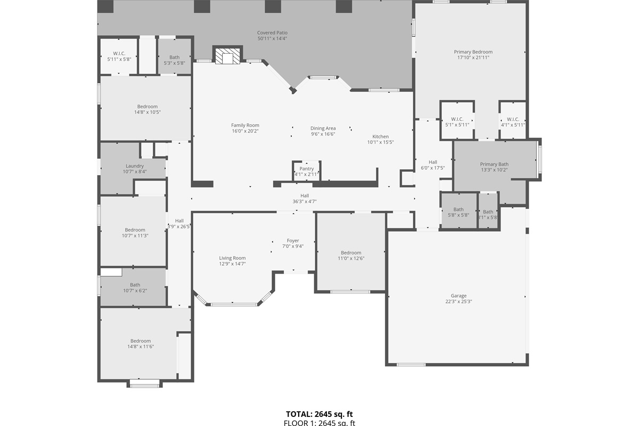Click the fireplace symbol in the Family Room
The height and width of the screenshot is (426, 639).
coord(227,55)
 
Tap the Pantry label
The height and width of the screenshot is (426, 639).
coord(307,169)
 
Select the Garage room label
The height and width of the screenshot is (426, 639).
coord(458,296)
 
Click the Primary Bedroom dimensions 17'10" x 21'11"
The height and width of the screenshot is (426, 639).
coord(473,58)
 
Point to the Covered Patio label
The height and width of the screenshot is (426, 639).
coord(272,32)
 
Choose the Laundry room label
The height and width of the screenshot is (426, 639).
coord(135,166)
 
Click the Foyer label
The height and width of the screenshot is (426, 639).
coord(293,241)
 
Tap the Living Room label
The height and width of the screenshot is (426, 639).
coord(232,258)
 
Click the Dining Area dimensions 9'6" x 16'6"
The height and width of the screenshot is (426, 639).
coord(323,134)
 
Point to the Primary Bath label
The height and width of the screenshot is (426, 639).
coord(494,164)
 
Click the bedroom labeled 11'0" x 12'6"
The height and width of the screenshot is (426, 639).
coord(351,256)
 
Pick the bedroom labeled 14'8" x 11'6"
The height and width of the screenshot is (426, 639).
coord(141,343)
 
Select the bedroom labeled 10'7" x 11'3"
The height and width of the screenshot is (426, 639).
coord(135,233)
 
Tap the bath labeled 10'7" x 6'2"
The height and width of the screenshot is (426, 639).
coord(135,288)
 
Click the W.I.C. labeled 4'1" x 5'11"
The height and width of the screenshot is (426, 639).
coord(513,122)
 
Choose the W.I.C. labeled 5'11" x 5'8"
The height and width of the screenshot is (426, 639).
coord(119,56)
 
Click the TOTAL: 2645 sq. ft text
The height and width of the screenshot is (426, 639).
coord(319,414)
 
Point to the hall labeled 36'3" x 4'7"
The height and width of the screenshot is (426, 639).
coord(305,199)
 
